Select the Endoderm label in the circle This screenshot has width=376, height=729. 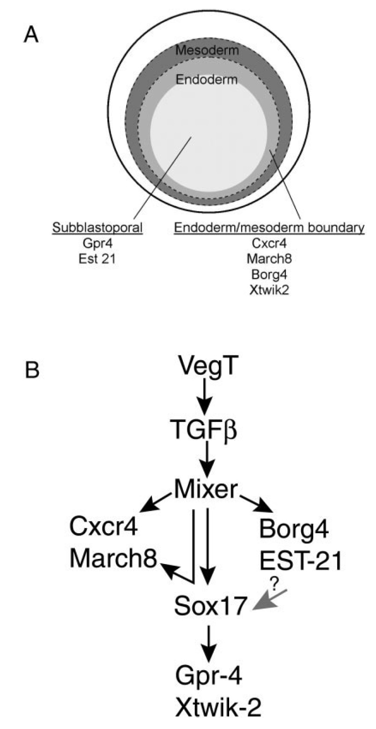tap(207, 80)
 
